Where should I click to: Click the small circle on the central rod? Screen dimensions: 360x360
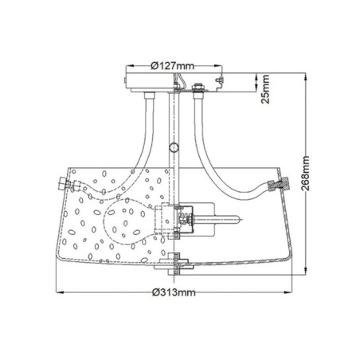pyautogui.click(x=174, y=146)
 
